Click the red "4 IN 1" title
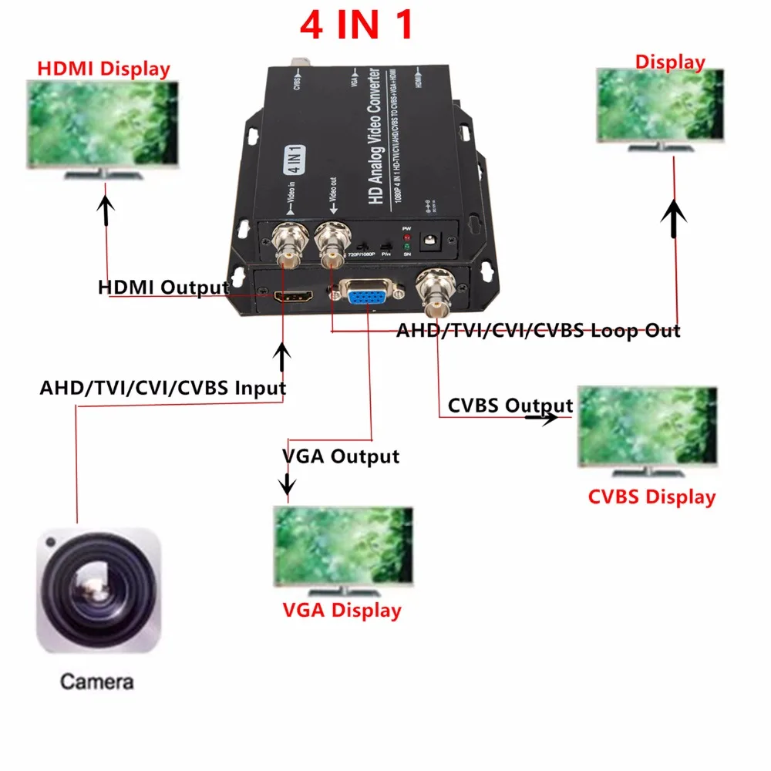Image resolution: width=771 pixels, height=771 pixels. (x=356, y=25)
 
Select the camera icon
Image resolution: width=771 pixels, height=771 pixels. (x=99, y=590)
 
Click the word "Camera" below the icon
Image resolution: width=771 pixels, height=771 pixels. (x=96, y=682)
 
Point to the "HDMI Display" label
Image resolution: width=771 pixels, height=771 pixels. (x=103, y=69)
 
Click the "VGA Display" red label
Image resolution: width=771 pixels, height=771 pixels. (x=342, y=611)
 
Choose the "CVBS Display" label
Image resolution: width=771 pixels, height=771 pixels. (x=651, y=497)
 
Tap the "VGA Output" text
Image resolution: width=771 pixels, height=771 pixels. (x=341, y=456)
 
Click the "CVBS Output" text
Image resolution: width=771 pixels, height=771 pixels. (x=510, y=406)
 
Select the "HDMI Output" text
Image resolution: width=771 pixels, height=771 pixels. (x=163, y=288)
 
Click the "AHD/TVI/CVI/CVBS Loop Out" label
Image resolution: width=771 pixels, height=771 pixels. (x=538, y=331)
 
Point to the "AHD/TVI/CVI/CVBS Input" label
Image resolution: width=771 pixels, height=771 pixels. (x=163, y=387)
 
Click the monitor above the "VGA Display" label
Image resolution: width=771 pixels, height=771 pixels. (x=344, y=547)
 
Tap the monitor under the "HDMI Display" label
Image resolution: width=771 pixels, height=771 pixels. (x=103, y=127)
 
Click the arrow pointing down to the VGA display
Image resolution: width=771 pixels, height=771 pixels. (x=288, y=484)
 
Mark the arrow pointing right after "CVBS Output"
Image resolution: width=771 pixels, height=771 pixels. (x=544, y=417)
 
